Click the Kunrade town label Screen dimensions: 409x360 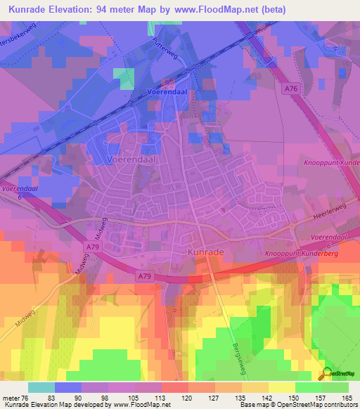[x=206, y=250]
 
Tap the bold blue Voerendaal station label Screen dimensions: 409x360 [x=166, y=93]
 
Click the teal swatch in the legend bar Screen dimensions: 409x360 [x=41, y=387]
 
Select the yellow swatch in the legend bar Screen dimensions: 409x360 [x=282, y=387]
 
